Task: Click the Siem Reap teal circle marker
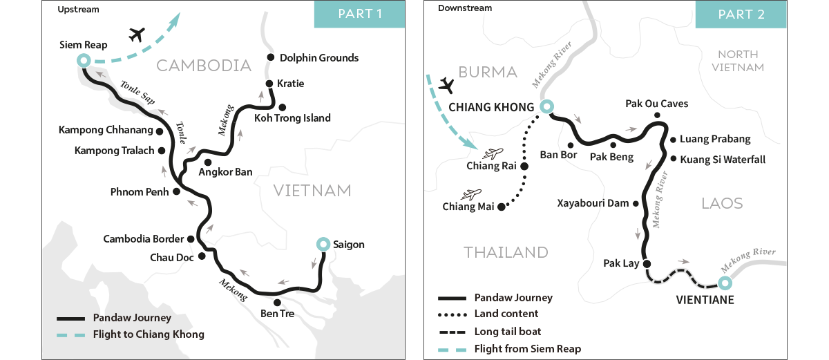tap(84, 61)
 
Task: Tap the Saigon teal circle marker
tap(322, 244)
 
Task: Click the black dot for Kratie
tap(269, 84)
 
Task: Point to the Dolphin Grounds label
tap(318, 57)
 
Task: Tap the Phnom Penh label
tap(139, 191)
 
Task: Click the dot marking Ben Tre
tap(276, 303)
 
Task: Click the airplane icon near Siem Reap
tap(138, 34)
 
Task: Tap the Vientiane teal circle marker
tap(723, 283)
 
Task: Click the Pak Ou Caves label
tap(656, 104)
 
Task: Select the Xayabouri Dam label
tap(593, 203)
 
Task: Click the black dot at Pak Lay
tap(647, 263)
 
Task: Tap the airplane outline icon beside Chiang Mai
tap(474, 194)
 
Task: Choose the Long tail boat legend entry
tap(508, 332)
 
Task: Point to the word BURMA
tap(488, 72)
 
